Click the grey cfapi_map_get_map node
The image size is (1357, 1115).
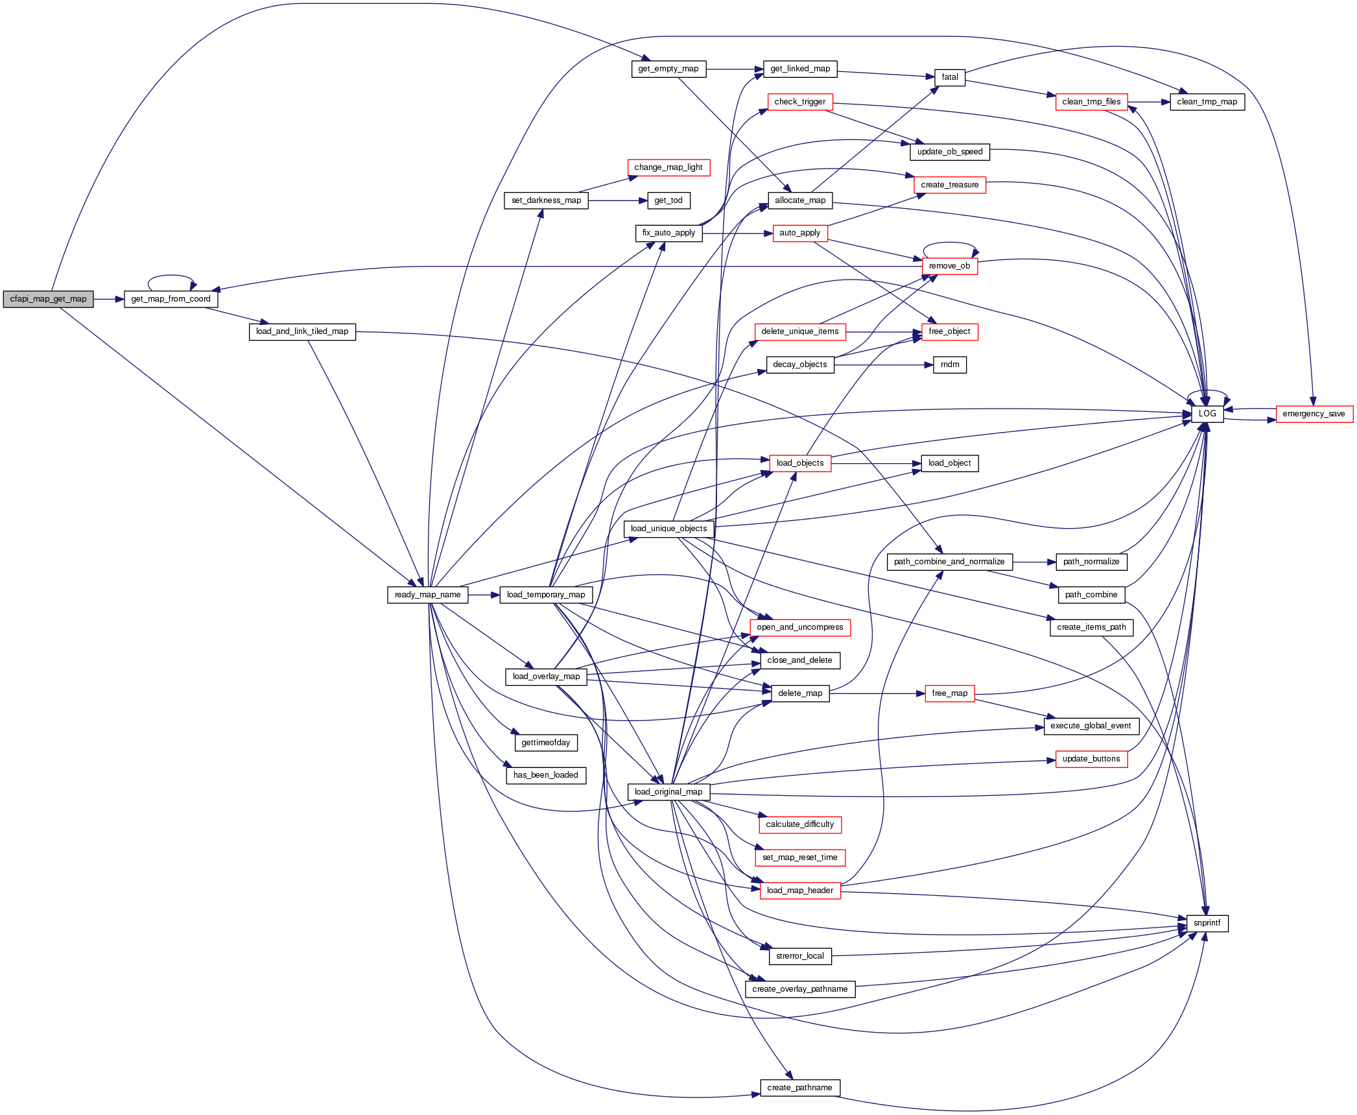pos(48,299)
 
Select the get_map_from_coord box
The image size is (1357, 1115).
pos(171,299)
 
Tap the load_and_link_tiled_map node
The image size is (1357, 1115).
pos(302,331)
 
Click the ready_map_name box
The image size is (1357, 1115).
pos(427,595)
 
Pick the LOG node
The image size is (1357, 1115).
pos(1207,414)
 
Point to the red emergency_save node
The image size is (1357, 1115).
pos(1314,414)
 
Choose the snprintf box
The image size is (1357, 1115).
pos(1207,923)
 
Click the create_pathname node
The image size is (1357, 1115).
pos(799,1088)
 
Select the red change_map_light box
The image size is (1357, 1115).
pos(668,167)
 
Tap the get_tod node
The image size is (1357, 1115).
pos(668,200)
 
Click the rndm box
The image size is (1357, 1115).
pos(950,365)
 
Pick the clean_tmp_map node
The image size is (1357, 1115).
pos(1207,102)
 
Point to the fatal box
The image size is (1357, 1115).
pos(950,77)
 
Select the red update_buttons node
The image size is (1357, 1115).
pos(1091,759)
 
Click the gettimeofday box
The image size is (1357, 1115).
pos(546,743)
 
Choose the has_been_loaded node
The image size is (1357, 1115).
pos(546,775)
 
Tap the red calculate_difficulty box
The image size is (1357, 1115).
pos(799,824)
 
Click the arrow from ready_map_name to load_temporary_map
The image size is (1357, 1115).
pos(484,595)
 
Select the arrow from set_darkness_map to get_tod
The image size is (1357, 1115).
pos(617,200)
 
